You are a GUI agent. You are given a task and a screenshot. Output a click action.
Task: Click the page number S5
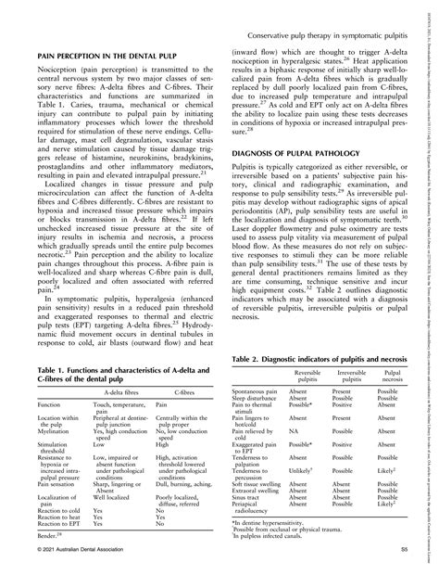point(405,553)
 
